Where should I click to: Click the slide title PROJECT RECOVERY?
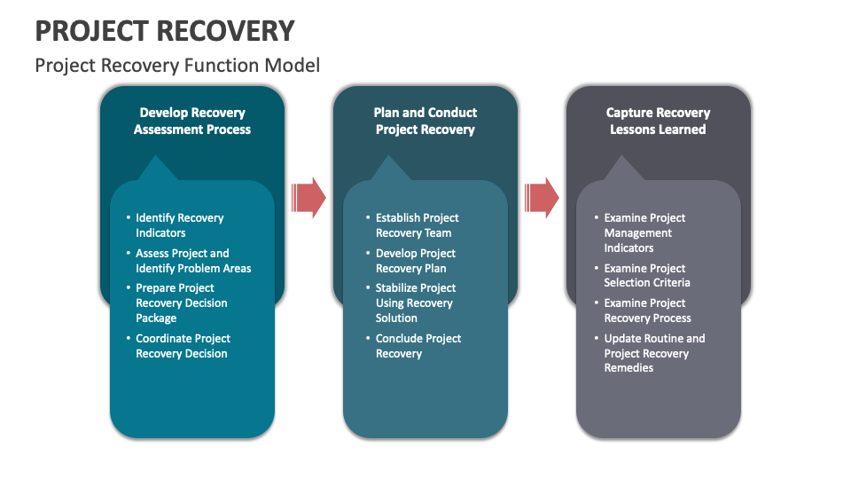tap(165, 30)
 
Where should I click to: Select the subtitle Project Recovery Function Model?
tap(177, 65)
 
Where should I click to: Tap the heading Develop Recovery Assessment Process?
tap(192, 121)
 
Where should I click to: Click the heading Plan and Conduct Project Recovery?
tap(425, 121)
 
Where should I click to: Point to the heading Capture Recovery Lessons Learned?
tap(658, 121)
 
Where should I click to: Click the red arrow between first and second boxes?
tap(308, 197)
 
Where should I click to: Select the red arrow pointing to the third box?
tap(542, 197)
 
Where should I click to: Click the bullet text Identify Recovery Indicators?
tap(179, 225)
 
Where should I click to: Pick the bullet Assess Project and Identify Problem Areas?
tap(192, 261)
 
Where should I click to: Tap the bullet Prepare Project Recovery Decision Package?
tap(181, 302)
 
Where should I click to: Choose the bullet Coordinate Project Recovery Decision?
tap(182, 346)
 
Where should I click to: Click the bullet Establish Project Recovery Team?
tap(417, 225)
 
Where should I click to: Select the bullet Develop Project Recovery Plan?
tap(415, 261)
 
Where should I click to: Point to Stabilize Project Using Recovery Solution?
tap(415, 302)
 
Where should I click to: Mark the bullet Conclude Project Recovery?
tap(418, 346)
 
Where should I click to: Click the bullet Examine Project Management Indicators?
tap(644, 232)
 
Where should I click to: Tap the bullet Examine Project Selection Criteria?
tap(646, 275)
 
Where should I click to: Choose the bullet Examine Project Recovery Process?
tap(647, 310)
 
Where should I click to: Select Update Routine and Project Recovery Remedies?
tap(654, 353)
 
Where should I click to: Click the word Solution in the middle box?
tap(396, 318)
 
